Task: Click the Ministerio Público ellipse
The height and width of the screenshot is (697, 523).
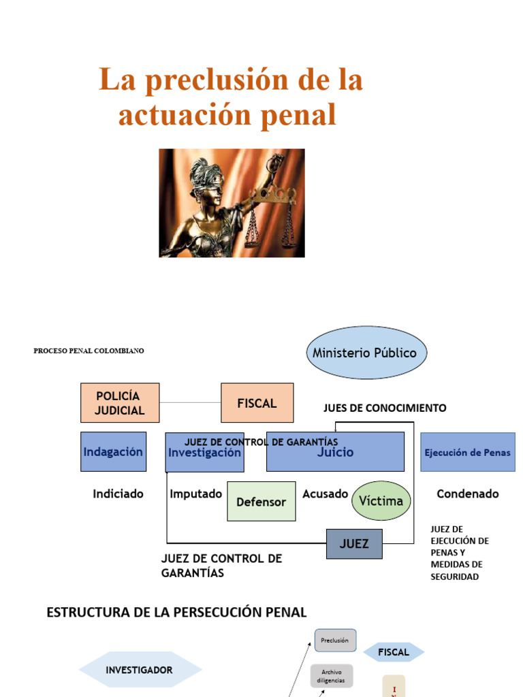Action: (366, 353)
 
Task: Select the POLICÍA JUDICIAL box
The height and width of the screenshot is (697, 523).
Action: (120, 403)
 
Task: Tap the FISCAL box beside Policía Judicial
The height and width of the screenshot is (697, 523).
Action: (257, 403)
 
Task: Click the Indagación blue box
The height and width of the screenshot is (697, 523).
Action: (113, 452)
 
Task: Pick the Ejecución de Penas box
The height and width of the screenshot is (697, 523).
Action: (467, 452)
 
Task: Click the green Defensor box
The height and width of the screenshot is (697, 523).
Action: (261, 502)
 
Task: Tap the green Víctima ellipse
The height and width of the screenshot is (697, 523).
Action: (381, 501)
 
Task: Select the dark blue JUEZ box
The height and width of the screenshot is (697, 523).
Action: (354, 544)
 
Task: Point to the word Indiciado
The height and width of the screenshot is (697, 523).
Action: (118, 494)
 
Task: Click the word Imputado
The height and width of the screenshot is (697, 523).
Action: (196, 494)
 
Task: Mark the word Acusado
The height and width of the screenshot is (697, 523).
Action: (325, 494)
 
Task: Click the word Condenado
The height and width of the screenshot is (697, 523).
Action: (468, 494)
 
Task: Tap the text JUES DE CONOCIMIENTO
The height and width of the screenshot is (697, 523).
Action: (385, 408)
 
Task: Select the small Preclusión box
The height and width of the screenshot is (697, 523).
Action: (335, 641)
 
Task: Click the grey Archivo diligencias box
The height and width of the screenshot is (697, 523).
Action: (332, 676)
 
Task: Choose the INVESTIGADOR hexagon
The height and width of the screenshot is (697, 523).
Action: (140, 670)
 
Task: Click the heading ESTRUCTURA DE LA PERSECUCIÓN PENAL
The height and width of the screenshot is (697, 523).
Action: (176, 613)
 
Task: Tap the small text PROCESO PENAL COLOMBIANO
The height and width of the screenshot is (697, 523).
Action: (89, 351)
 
